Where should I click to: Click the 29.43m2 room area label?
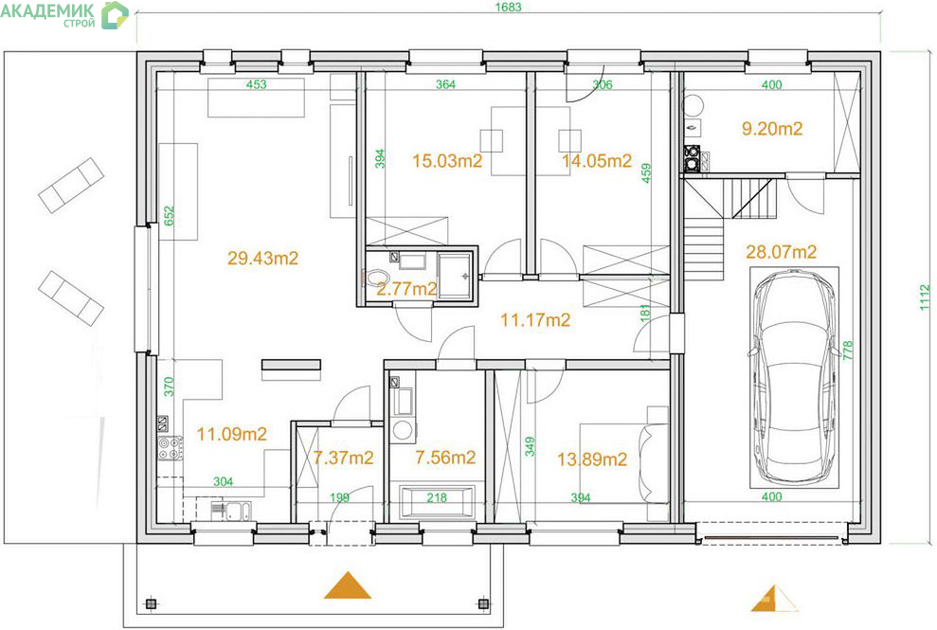click(x=262, y=259)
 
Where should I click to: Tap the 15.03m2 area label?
click(x=447, y=161)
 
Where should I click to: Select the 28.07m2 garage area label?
click(x=781, y=252)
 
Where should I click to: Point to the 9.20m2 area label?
click(x=772, y=129)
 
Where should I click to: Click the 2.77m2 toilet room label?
click(x=407, y=289)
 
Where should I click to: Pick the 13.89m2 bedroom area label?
click(x=592, y=459)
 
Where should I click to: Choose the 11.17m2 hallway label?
click(x=535, y=320)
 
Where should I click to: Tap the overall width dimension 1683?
click(x=509, y=8)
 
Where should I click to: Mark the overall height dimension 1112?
click(x=925, y=297)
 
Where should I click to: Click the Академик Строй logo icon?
click(x=115, y=15)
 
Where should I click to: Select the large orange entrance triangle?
click(x=347, y=585)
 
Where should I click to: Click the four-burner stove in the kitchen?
click(x=170, y=448)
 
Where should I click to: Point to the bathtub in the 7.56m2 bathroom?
click(x=437, y=501)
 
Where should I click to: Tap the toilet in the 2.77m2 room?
click(x=376, y=278)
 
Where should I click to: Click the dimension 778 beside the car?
click(x=848, y=351)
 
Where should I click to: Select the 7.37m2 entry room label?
click(x=343, y=458)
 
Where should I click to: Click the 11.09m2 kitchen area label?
click(x=232, y=434)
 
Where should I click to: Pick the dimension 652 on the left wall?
click(x=169, y=216)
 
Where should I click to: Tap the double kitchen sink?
click(x=232, y=511)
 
